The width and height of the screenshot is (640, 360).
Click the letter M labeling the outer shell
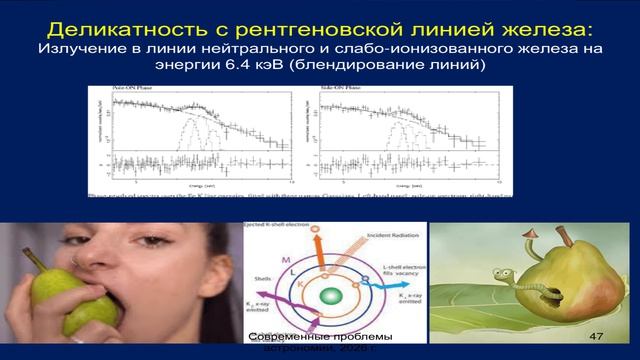285,262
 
